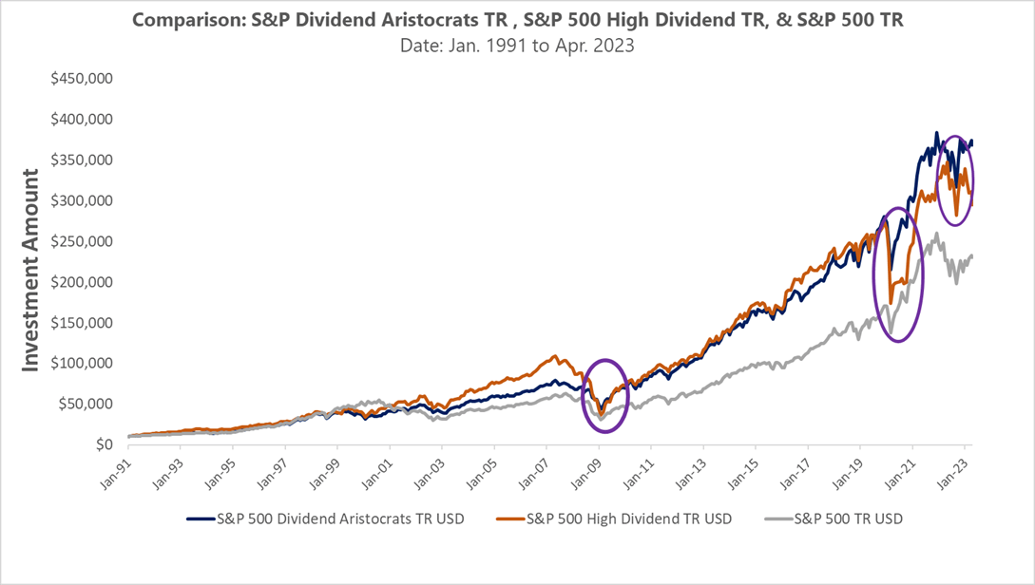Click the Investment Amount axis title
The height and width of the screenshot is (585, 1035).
pos(31,271)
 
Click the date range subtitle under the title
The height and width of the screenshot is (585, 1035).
pos(517,45)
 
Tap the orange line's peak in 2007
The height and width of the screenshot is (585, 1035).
pos(554,357)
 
